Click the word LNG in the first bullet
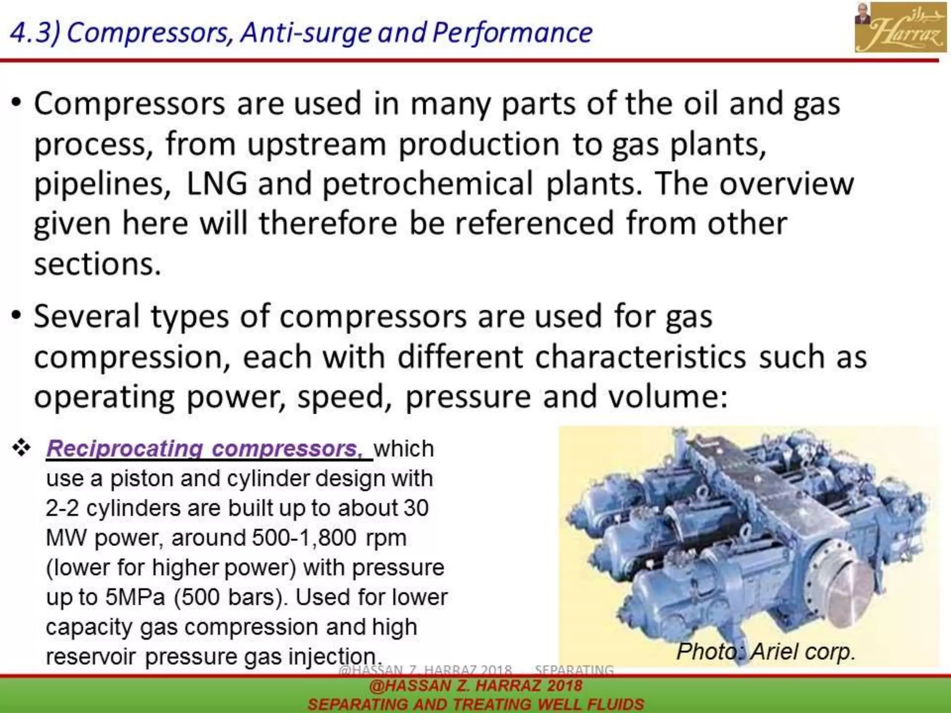click(216, 184)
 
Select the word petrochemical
click(428, 184)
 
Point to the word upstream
click(317, 145)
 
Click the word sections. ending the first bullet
click(98, 265)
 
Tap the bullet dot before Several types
click(17, 316)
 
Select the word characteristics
click(641, 357)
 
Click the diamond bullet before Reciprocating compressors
click(21, 448)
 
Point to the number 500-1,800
click(304, 538)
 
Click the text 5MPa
click(135, 597)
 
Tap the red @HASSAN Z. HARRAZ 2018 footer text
click(475, 686)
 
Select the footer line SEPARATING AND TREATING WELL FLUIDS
click(475, 704)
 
